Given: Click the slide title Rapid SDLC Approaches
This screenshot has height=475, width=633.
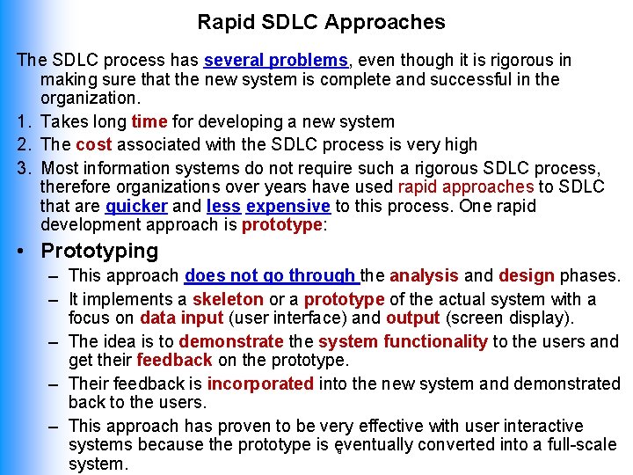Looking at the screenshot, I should pyautogui.click(x=321, y=22).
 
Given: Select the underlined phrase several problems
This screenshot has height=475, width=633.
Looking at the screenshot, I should pyautogui.click(x=276, y=61).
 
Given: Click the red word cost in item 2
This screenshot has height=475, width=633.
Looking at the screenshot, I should pyautogui.click(x=94, y=144).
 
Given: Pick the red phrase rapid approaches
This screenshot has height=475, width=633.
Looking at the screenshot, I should pyautogui.click(x=466, y=186).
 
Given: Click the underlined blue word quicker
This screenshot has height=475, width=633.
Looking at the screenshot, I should pyautogui.click(x=136, y=206).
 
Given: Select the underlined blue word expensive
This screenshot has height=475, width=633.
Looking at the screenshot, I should pyautogui.click(x=288, y=206).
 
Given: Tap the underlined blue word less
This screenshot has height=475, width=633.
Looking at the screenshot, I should pyautogui.click(x=223, y=206).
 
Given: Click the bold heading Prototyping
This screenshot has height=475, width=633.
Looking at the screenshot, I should pyautogui.click(x=99, y=251).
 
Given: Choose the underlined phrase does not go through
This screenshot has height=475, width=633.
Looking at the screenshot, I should pyautogui.click(x=272, y=276).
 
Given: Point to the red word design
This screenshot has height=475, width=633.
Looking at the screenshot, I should pyautogui.click(x=525, y=276).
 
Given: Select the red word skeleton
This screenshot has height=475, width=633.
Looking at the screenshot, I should pyautogui.click(x=227, y=300).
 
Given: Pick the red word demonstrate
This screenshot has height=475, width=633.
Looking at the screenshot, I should pyautogui.click(x=231, y=341).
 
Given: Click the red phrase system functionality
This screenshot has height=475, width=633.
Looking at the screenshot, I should pyautogui.click(x=403, y=341).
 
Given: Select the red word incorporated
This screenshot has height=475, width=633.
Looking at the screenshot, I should pyautogui.click(x=260, y=384).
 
